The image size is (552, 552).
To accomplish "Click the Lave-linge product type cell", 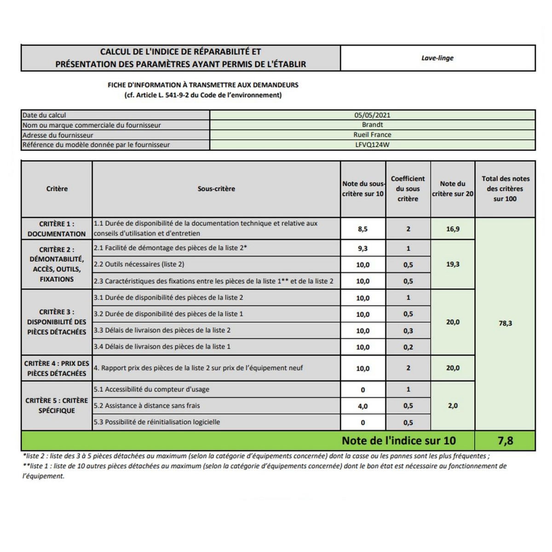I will click(x=437, y=58).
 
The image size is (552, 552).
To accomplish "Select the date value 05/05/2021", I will click(x=372, y=115).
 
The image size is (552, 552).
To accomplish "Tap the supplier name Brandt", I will click(x=372, y=125).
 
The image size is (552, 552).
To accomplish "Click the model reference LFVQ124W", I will click(x=372, y=145).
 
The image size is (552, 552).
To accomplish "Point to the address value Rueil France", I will click(x=372, y=135).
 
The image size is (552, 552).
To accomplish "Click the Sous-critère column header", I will click(x=216, y=189).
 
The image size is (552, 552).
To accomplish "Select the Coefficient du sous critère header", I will click(x=408, y=189).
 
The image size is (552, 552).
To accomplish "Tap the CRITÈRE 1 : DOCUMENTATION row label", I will click(x=57, y=229).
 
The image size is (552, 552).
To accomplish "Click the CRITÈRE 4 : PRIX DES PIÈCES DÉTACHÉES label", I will click(x=57, y=368).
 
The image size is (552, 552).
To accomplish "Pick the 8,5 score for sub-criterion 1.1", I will click(x=362, y=229).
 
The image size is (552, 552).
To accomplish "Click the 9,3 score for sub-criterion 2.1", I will click(x=362, y=248).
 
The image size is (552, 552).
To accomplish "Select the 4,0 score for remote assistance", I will click(x=362, y=406).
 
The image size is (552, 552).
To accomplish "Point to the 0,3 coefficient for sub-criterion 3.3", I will click(x=408, y=331).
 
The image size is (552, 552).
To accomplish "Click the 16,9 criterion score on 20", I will click(x=453, y=229).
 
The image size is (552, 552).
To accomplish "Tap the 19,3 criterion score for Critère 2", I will click(x=453, y=264).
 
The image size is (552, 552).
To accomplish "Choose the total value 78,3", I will click(x=505, y=323).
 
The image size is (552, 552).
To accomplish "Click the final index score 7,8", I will click(x=505, y=441).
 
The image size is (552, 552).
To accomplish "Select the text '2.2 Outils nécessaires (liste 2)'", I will click(x=139, y=264).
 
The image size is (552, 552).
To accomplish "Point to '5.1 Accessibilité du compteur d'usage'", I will click(x=151, y=390).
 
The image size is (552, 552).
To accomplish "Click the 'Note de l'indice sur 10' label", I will click(x=398, y=441).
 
